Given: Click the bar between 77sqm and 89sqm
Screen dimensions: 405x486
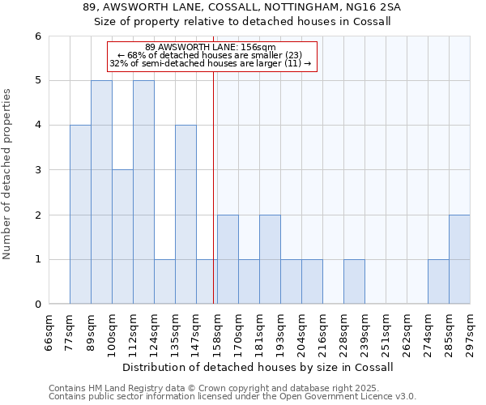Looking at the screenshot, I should click(x=80, y=215).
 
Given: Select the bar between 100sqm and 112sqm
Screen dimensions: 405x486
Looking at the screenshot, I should click(x=122, y=237).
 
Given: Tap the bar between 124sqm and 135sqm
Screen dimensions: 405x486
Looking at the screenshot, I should click(x=164, y=282).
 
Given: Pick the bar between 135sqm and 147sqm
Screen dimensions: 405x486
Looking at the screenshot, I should click(x=185, y=215).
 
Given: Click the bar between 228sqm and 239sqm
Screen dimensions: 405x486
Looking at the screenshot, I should click(x=354, y=282).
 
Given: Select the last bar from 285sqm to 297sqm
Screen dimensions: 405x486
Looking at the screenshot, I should click(x=459, y=259).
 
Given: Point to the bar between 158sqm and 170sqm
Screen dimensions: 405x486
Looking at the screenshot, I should click(x=228, y=259).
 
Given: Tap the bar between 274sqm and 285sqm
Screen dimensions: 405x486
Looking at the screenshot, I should click(x=438, y=282).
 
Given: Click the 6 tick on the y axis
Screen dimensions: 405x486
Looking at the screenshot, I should click(x=37, y=36).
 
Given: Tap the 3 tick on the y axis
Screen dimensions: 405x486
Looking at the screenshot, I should click(x=37, y=170).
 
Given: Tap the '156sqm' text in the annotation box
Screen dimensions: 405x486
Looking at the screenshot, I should click(x=260, y=47).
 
